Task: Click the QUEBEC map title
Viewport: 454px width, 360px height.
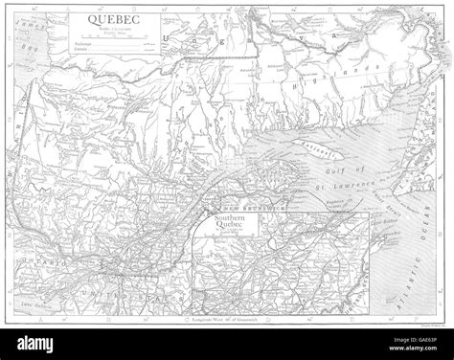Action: coord(111,17)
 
